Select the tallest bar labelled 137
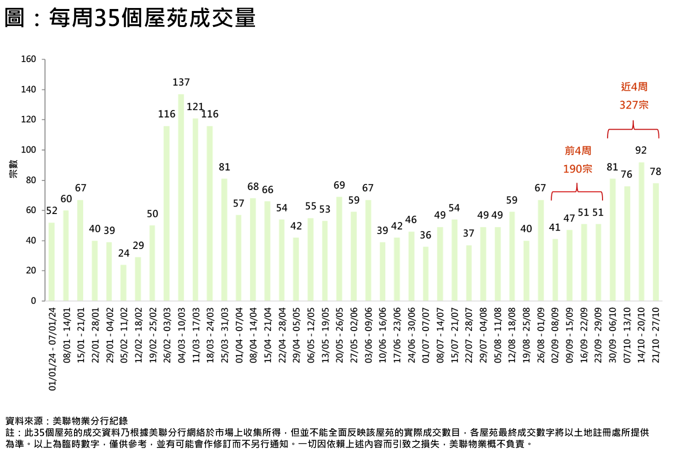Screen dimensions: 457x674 click(x=181, y=197)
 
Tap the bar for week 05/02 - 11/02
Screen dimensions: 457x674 click(x=123, y=282)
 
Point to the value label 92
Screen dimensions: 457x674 click(x=641, y=150)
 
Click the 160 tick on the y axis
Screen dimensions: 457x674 click(x=28, y=59)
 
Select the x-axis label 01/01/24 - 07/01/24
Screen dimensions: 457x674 click(x=52, y=349)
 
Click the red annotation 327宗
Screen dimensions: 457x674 click(x=633, y=104)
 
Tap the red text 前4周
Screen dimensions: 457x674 click(x=577, y=150)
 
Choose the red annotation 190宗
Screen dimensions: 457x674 click(x=577, y=169)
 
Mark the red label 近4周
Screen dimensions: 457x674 click(x=634, y=86)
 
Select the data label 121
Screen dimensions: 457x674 click(x=195, y=107)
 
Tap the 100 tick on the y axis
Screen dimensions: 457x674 click(x=28, y=150)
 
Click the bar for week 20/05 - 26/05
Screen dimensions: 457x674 click(x=339, y=249)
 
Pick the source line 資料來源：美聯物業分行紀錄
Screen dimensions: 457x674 click(x=66, y=421)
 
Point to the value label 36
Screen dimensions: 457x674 click(x=425, y=235)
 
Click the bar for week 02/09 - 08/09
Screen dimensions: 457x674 click(x=555, y=270)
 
